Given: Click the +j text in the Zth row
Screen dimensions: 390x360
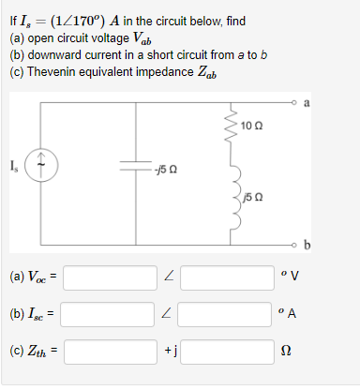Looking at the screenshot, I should (x=167, y=354).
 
